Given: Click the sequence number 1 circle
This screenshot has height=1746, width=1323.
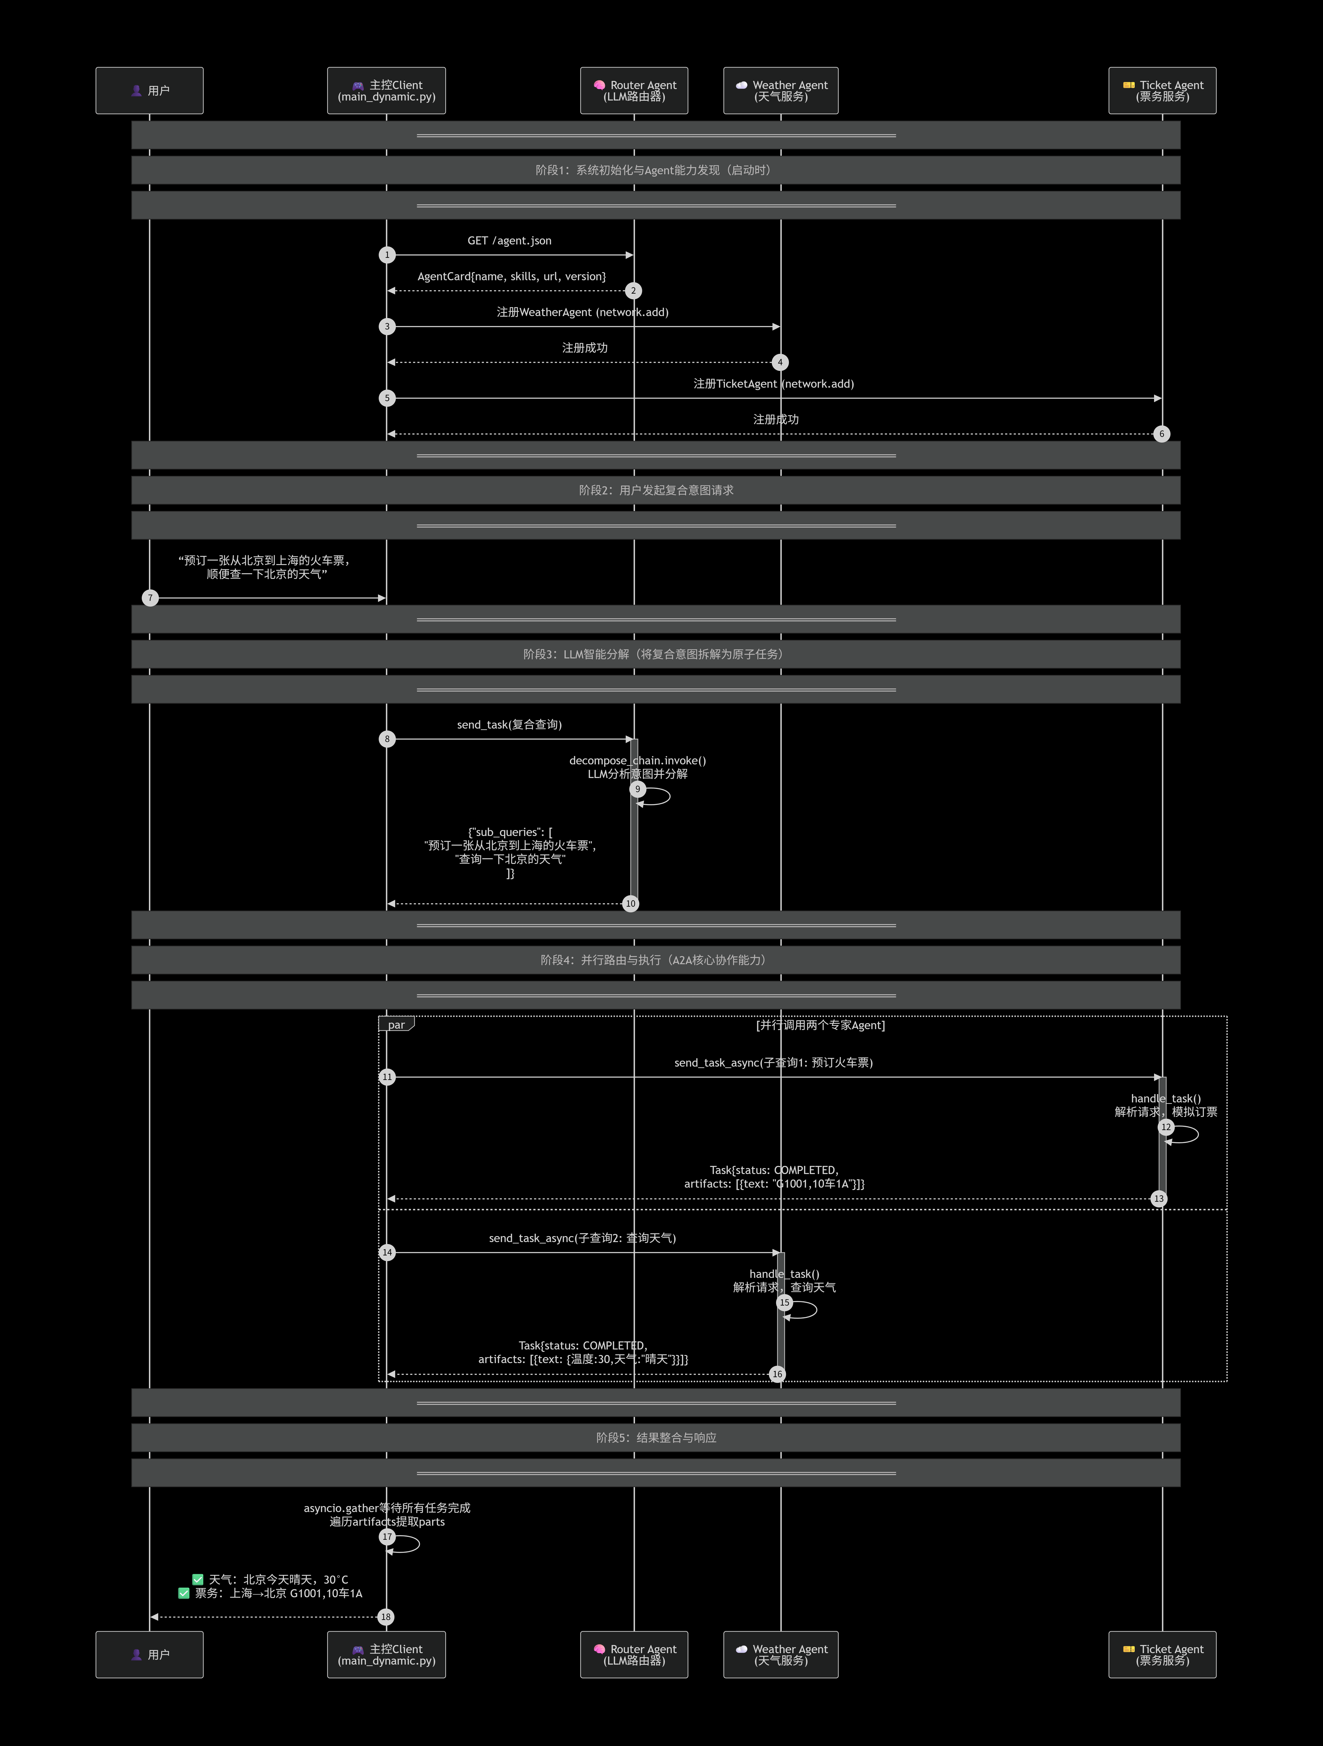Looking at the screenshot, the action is (387, 255).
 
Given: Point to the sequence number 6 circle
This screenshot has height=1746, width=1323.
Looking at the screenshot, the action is (1161, 434).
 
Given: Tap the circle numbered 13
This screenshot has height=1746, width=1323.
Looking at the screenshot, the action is (1158, 1199).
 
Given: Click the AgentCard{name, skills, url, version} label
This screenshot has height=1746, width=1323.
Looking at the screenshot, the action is (511, 276).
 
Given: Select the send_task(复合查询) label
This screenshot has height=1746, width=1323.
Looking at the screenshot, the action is (509, 725).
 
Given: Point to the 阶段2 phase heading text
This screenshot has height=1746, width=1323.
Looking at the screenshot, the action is (656, 490).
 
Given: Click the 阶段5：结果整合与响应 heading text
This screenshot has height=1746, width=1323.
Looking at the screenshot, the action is (656, 1437).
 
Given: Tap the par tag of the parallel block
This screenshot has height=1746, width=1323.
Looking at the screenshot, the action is (396, 1025).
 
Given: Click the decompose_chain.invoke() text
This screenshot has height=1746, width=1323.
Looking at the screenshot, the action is (637, 761).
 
